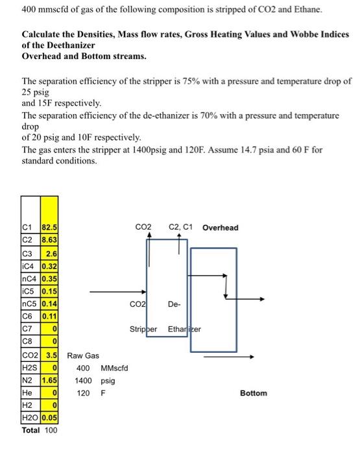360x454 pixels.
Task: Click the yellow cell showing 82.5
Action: point(49,228)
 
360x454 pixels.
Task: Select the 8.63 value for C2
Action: point(49,240)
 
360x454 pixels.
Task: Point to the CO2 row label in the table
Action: point(30,356)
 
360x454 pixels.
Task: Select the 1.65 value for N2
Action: point(49,380)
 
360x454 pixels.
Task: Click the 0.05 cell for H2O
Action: point(49,417)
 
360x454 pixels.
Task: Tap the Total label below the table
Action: point(31,429)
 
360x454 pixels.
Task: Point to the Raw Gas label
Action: point(82,356)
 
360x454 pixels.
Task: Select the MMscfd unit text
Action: point(114,368)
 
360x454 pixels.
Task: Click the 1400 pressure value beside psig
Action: point(84,381)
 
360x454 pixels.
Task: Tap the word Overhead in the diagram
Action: point(220,228)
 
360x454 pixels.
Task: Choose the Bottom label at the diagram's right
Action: point(253,393)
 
